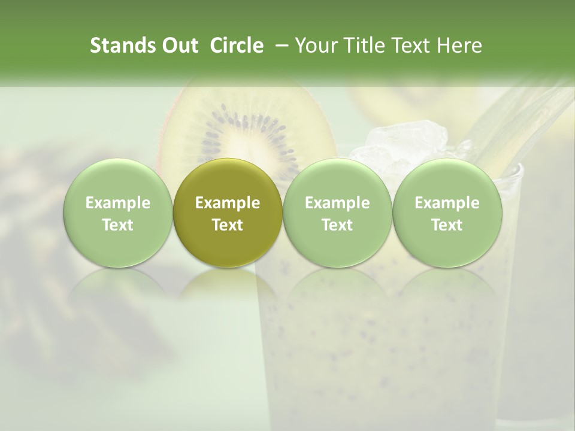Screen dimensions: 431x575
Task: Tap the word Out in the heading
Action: tap(178, 45)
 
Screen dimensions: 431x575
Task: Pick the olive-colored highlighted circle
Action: tap(228, 213)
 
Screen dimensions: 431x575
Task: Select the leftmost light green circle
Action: tap(118, 213)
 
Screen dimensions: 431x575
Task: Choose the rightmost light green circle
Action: tap(447, 213)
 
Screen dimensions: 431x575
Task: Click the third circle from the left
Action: tap(337, 213)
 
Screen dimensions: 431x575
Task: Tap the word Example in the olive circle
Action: tap(228, 203)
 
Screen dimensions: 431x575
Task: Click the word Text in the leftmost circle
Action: tap(118, 225)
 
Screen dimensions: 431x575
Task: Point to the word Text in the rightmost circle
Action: tap(447, 225)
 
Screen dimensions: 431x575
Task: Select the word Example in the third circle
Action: tap(337, 203)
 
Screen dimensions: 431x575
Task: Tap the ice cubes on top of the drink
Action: tap(407, 144)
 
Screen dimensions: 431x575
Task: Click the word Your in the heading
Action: tap(317, 45)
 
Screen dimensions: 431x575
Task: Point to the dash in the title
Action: tap(279, 45)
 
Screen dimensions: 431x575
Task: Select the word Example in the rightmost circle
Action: tap(447, 203)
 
